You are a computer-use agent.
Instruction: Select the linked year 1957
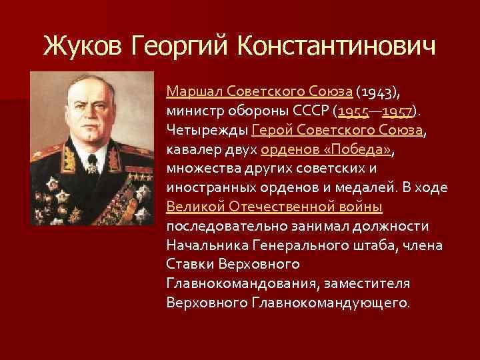pos(398,109)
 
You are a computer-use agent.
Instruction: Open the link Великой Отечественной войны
pos(274,206)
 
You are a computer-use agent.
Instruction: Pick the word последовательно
pos(227,225)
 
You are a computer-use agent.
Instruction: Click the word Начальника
pos(206,245)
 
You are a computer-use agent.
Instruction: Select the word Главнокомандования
pos(241,283)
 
